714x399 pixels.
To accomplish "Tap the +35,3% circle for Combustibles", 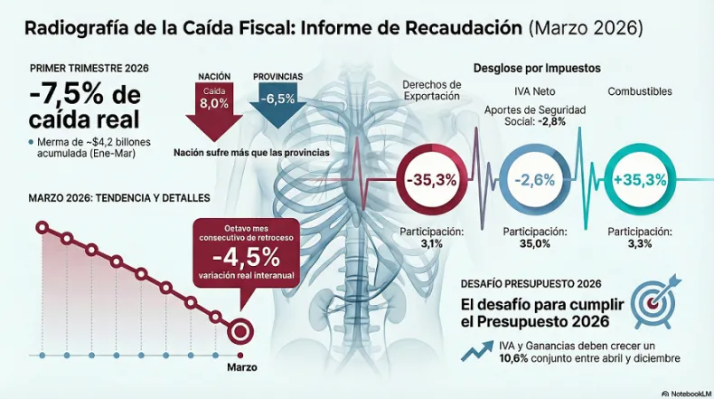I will pos(638,179).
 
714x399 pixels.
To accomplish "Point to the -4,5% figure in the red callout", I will pos(240,252).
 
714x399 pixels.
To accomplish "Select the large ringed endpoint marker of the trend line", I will pos(241,330).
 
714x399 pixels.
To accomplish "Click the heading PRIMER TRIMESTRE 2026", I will pos(89,69).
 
